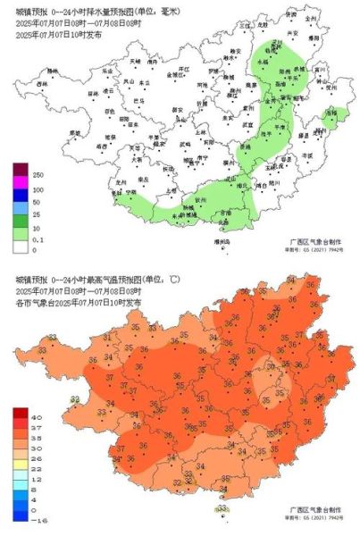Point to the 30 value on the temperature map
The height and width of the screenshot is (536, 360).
(x=272, y=365)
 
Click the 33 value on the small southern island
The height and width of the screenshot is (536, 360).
(x=221, y=507)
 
